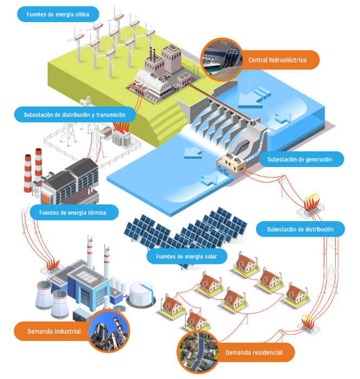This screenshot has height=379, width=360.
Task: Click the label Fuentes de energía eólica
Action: tap(57, 14)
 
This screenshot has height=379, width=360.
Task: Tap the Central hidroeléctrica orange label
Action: tap(276, 60)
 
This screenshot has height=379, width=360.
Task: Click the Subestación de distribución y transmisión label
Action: tap(75, 115)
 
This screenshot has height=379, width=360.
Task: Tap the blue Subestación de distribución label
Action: tap(306, 229)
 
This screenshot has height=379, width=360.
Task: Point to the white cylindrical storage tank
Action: tap(142, 294)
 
